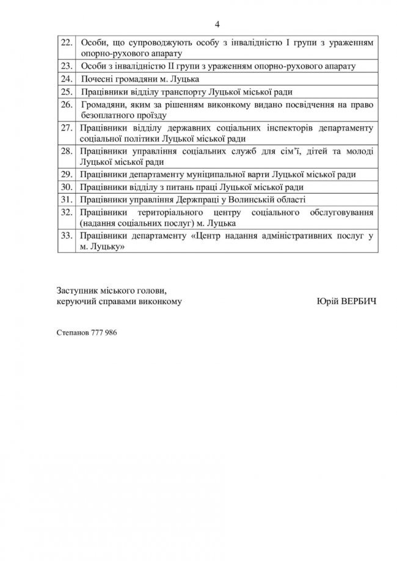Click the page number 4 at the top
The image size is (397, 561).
pyautogui.click(x=217, y=24)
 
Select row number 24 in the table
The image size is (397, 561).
pyautogui.click(x=68, y=79)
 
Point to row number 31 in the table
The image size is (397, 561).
pyautogui.click(x=68, y=200)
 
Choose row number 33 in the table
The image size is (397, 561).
pyautogui.click(x=68, y=235)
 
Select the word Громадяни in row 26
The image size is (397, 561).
pyautogui.click(x=101, y=105)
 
